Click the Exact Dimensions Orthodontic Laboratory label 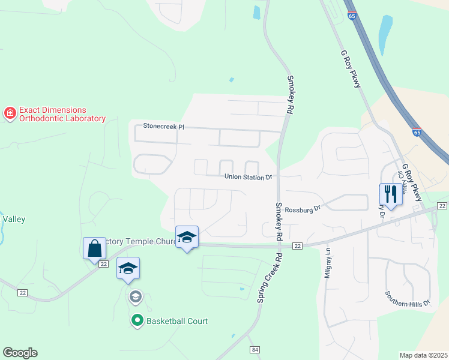coord(62,114)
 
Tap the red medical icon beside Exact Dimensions coord(10,113)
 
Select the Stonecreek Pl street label coord(163,127)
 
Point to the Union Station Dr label coord(249,177)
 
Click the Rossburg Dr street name coord(303,209)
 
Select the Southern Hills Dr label coord(408,298)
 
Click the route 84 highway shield coord(255,349)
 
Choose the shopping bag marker coord(95,247)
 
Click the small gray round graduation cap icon coord(136,296)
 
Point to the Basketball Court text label coord(178,321)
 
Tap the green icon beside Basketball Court coord(137,321)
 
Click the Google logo coord(20,352)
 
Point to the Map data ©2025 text coord(423,355)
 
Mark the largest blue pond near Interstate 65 coord(385,34)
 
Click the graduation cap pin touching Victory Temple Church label coord(187,238)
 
